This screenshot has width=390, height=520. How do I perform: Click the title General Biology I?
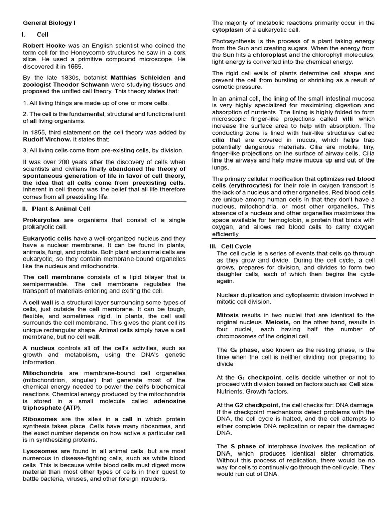click(x=49, y=23)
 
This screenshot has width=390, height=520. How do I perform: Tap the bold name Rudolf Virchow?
click(x=47, y=139)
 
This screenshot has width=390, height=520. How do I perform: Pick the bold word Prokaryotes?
click(x=41, y=220)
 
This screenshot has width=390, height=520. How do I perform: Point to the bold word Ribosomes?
click(x=41, y=419)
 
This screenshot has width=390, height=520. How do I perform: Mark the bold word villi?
click(x=349, y=119)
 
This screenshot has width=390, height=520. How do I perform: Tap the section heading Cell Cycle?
click(x=236, y=246)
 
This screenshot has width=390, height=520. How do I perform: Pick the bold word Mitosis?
click(x=227, y=315)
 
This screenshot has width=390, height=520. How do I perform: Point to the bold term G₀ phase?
click(x=245, y=350)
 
